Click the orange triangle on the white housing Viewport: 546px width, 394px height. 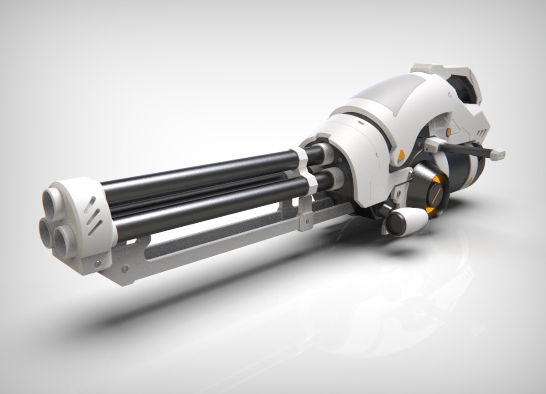click(x=401, y=156)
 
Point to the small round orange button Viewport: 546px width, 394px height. click(x=449, y=131)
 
